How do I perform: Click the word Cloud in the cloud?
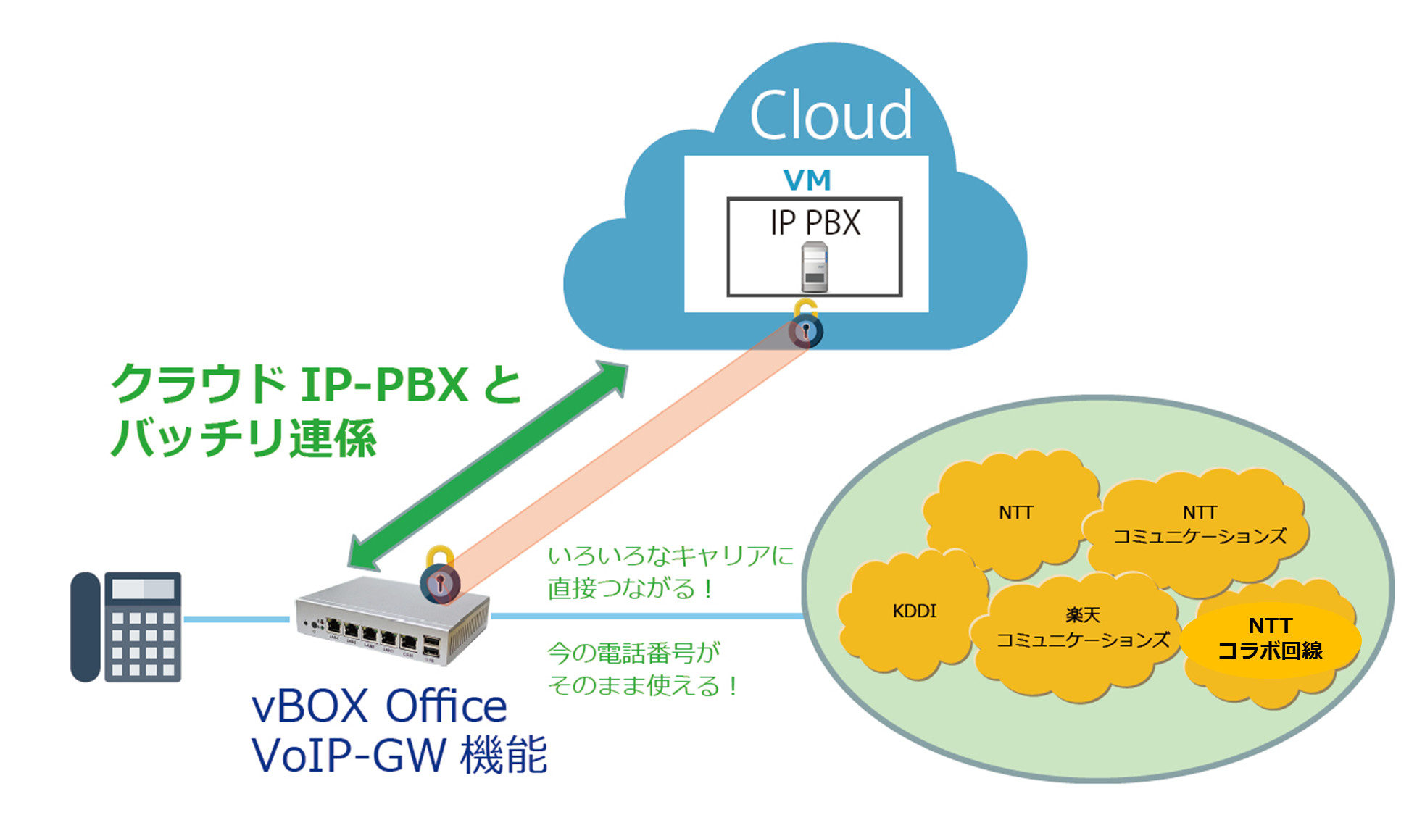pyautogui.click(x=830, y=115)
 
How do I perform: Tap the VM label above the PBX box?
pyautogui.click(x=807, y=180)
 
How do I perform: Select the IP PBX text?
pyautogui.click(x=815, y=222)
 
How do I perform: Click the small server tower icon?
pyautogui.click(x=815, y=267)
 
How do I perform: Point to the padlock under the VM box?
pyautogui.click(x=805, y=325)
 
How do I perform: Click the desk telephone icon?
pyautogui.click(x=127, y=627)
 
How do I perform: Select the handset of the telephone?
pyautogui.click(x=85, y=627)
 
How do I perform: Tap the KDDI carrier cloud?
pyautogui.click(x=914, y=611)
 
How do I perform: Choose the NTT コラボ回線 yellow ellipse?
pyautogui.click(x=1271, y=639)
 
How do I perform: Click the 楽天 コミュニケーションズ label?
pyautogui.click(x=1083, y=628)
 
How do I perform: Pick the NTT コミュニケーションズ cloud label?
pyautogui.click(x=1200, y=524)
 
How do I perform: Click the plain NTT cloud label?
pyautogui.click(x=1015, y=513)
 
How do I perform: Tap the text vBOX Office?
pyautogui.click(x=379, y=706)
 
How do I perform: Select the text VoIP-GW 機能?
pyautogui.click(x=399, y=755)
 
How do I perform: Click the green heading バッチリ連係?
pyautogui.click(x=244, y=438)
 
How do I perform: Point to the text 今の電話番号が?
pyautogui.click(x=633, y=653)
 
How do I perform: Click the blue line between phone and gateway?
pyautogui.click(x=236, y=619)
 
